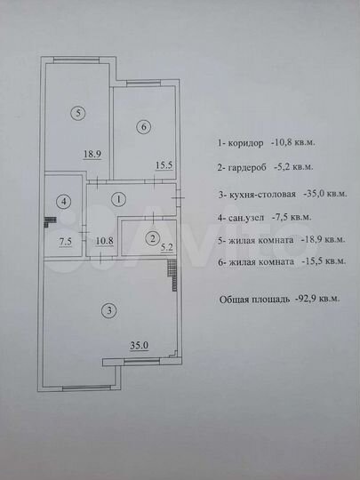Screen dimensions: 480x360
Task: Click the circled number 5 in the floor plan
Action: (x=80, y=113)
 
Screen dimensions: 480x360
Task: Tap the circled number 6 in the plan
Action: (x=143, y=127)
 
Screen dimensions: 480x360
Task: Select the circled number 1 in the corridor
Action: (x=119, y=199)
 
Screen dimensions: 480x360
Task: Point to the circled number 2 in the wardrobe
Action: (x=152, y=238)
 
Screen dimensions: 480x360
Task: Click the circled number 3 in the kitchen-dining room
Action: (x=108, y=311)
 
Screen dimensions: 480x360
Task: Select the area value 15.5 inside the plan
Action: (x=163, y=165)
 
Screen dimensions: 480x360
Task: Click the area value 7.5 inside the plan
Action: (x=66, y=240)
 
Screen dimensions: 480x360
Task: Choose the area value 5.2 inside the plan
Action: (x=167, y=249)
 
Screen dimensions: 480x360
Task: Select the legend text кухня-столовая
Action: (x=263, y=193)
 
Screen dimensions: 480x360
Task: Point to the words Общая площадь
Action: (x=251, y=300)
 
